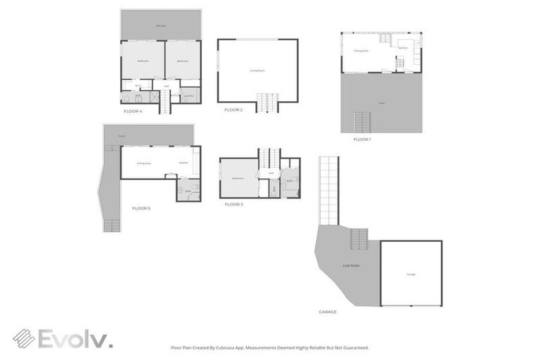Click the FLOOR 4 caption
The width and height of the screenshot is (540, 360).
[133, 111]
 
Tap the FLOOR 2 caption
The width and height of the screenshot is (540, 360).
[233, 110]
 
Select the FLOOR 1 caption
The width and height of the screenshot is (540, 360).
[361, 139]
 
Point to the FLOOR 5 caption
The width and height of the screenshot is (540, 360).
[141, 208]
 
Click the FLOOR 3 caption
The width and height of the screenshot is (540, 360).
[233, 204]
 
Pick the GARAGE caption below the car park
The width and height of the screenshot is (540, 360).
[328, 311]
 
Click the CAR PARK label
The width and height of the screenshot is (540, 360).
[351, 266]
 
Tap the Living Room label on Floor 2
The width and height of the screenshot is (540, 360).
[257, 70]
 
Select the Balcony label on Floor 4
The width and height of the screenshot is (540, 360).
[161, 26]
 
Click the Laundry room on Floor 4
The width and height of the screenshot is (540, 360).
[188, 96]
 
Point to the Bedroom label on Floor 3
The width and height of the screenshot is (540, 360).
[238, 179]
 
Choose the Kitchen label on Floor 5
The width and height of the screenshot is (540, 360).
[184, 163]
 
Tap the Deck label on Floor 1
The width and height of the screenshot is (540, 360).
[381, 103]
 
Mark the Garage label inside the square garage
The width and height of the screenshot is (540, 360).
[411, 274]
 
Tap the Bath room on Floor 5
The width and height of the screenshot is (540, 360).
[188, 190]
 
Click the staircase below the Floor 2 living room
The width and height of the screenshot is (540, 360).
[267, 103]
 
